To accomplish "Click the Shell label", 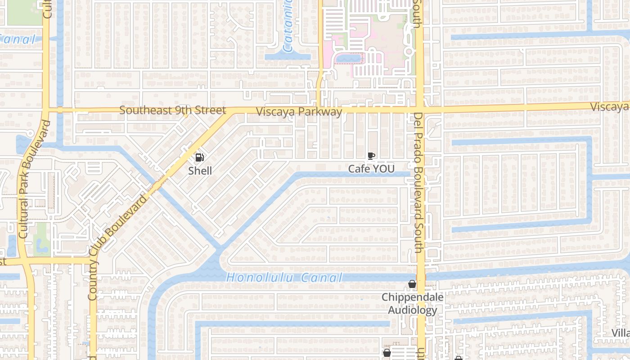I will pos(200,171).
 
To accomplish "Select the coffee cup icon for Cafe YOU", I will pos(371,156).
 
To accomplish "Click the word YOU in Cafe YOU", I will pos(383,169).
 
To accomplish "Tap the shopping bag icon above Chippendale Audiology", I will pos(412,284).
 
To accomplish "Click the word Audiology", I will pos(412,310).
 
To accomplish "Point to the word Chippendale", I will pos(412,297).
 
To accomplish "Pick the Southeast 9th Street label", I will pos(173,110).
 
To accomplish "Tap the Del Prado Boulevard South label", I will pos(418,182).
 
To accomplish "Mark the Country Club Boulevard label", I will pos(118,247).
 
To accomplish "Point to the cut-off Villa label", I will pos(620,333).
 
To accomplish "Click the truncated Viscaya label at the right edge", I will pos(610,107).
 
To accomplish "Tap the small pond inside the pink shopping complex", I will pos(346,58).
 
